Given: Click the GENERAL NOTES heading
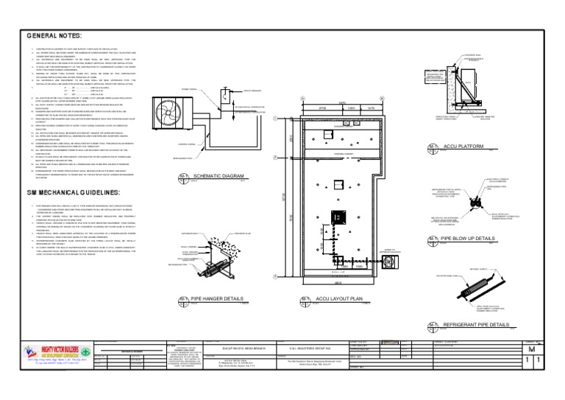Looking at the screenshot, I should point(55,35).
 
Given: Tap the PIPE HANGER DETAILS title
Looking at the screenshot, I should point(217,299).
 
